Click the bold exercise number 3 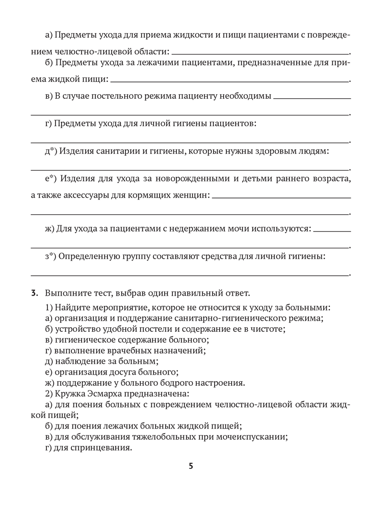point(34,293)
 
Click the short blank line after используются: point(332,231)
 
